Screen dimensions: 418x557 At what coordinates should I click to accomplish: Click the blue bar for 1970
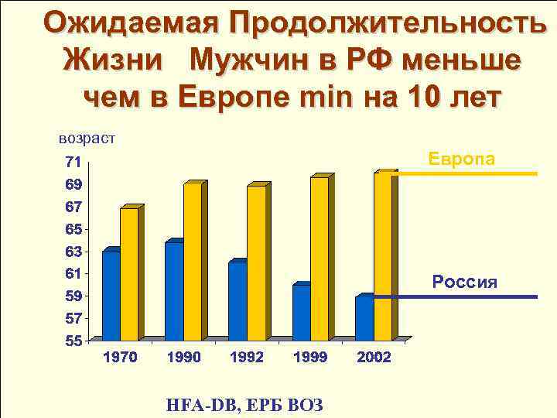[x=111, y=296]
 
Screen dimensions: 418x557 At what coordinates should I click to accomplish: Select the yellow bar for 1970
[x=129, y=275]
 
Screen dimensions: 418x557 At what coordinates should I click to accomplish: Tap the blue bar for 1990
[x=174, y=292]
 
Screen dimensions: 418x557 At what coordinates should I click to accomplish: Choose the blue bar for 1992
[x=237, y=301]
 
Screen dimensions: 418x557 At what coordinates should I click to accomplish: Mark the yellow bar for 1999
[x=319, y=259]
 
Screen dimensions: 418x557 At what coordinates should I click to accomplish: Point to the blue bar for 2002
[x=364, y=318]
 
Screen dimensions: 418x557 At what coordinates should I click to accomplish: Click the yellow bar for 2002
[x=382, y=257]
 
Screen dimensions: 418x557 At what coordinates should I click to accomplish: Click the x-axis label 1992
[x=248, y=358]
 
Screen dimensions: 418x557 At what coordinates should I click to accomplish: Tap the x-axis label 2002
[x=374, y=358]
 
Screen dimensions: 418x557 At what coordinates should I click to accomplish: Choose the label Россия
[x=464, y=282]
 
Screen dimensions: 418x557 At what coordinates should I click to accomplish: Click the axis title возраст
[x=87, y=139]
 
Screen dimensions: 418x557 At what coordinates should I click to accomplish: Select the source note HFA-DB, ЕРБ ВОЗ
[x=244, y=404]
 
